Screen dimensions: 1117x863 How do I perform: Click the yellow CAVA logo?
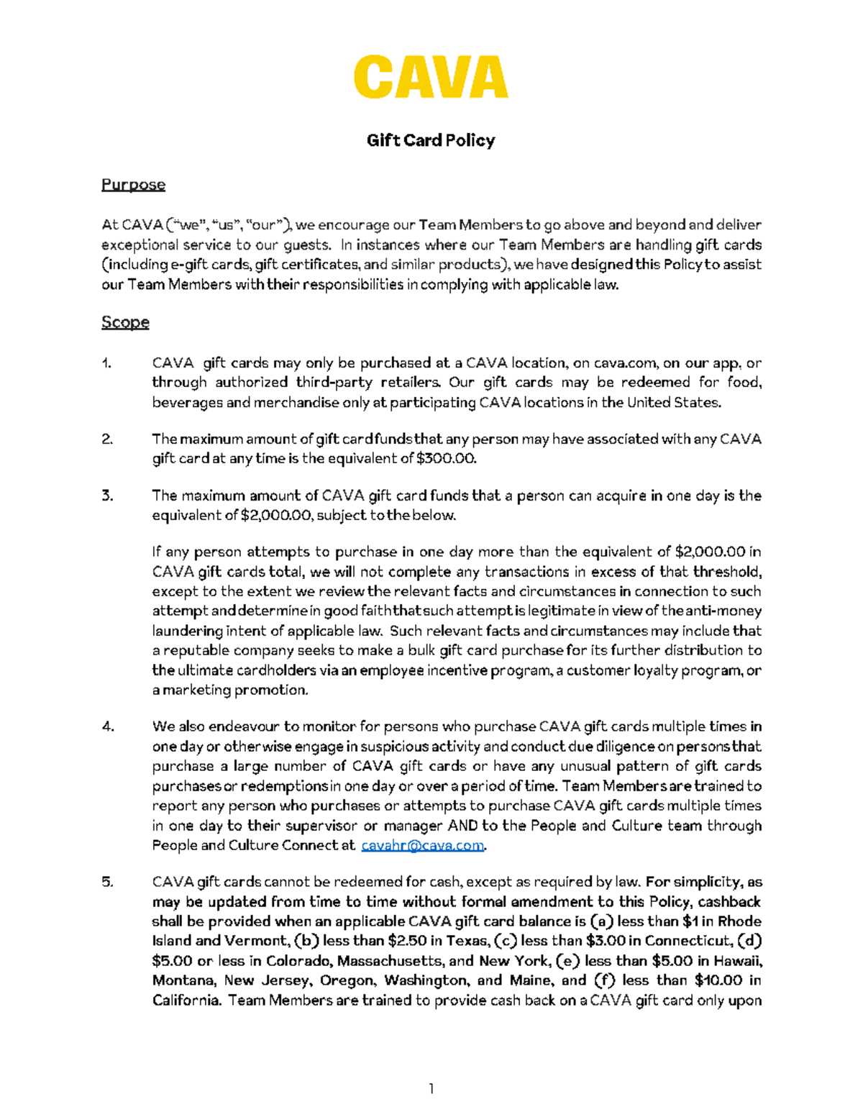pyautogui.click(x=431, y=77)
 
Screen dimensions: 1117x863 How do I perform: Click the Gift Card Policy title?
pyautogui.click(x=431, y=140)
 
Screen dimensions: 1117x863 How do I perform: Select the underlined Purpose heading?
pyautogui.click(x=133, y=185)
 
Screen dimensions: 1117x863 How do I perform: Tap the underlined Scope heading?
pyautogui.click(x=125, y=322)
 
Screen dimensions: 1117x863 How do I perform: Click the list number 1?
pyautogui.click(x=106, y=363)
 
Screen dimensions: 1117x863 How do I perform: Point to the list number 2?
pyautogui.click(x=107, y=439)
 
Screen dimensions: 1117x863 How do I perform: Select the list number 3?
pyautogui.click(x=107, y=496)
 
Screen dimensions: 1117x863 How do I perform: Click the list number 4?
pyautogui.click(x=108, y=726)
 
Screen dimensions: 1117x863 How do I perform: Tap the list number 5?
pyautogui.click(x=107, y=882)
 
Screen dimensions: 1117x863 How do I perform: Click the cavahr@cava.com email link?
pyautogui.click(x=423, y=845)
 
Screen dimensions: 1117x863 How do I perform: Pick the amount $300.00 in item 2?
pyautogui.click(x=446, y=459)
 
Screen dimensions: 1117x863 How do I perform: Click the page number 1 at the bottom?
pyautogui.click(x=431, y=1089)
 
